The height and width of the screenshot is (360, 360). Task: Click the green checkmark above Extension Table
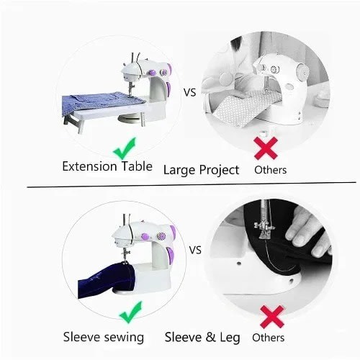[x=125, y=149]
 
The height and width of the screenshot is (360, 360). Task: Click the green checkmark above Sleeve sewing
[x=131, y=312]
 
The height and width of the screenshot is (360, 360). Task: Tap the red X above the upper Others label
[x=266, y=148]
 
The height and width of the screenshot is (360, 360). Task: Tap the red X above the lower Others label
[x=272, y=317]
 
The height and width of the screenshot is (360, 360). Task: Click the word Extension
[x=89, y=166]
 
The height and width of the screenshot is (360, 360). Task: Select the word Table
[x=137, y=166]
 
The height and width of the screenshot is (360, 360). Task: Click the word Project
[x=219, y=171]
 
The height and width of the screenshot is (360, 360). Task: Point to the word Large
[x=179, y=171]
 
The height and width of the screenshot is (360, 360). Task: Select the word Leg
[x=230, y=338]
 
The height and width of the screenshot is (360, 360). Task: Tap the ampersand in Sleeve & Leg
[x=210, y=337]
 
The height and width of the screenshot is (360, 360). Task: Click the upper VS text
[x=190, y=92]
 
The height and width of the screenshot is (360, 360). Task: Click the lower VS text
[x=195, y=251]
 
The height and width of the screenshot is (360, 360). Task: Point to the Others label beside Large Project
[x=271, y=170]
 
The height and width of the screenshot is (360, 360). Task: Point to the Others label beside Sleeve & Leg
[x=269, y=338]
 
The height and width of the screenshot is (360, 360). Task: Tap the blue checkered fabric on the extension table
[x=101, y=102]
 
